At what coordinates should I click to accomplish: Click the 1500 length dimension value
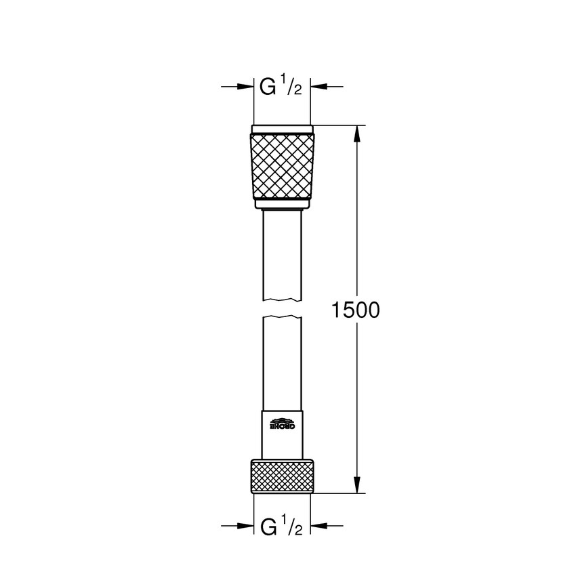354,310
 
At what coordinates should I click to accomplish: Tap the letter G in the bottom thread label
268,526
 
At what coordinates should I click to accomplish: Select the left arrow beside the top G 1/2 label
237,87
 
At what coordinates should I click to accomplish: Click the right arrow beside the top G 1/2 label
327,87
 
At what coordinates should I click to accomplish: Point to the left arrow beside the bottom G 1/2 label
237,526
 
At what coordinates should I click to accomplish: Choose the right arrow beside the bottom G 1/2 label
327,526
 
